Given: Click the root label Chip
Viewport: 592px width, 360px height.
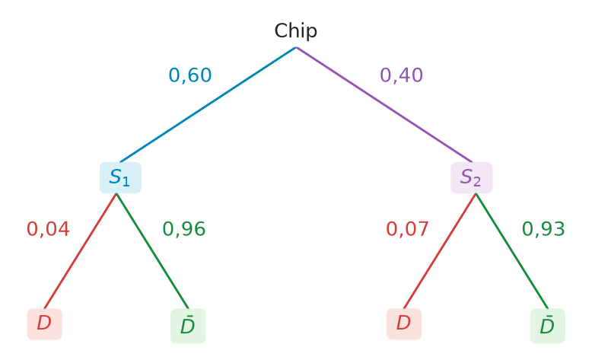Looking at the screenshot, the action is coord(296,31).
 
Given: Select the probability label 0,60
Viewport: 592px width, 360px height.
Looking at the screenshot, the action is coord(190,75).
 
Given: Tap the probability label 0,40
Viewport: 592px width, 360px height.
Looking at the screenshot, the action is coord(401,75).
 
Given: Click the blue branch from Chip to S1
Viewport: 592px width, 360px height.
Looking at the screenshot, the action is coord(208,104).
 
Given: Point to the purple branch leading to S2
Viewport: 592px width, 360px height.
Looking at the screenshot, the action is coord(384,104).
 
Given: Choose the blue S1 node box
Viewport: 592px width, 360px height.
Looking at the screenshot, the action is coord(120,177).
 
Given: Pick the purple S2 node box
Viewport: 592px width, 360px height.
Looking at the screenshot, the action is coord(472,177).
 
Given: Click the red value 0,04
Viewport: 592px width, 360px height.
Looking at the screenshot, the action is coord(48,229).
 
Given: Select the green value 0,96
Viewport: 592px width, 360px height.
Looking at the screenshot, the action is coord(184,229).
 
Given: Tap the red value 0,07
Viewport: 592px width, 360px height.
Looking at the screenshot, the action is coord(407,229).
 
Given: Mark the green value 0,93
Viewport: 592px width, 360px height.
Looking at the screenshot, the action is coord(543,229).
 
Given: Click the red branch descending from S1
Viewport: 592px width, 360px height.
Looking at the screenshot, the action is coord(80,251).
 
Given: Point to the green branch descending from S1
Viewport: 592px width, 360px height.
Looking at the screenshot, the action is coord(152,251).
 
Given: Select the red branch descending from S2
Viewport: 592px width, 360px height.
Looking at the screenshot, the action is coord(440,251).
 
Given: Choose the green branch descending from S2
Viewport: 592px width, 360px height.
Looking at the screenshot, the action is coord(511,251).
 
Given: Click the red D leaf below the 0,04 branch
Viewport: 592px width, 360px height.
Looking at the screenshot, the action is coord(45,323).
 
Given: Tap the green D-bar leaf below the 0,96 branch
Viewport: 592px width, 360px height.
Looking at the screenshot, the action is coord(188,326).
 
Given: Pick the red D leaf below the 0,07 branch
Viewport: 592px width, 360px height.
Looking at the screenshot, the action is coord(404,323).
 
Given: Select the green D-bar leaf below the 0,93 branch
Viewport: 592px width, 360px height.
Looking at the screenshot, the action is coord(547,326).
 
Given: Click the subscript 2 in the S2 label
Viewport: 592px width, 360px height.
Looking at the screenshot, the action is coord(477,182).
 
